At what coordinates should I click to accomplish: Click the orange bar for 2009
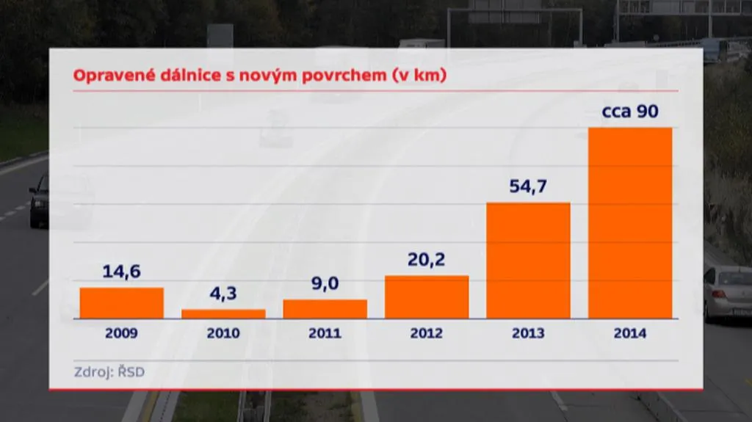(122, 302)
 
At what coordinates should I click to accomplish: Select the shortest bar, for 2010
(223, 313)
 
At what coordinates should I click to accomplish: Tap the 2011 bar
(325, 308)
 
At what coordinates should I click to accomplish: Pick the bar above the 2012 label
(427, 297)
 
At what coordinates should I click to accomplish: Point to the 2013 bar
(528, 260)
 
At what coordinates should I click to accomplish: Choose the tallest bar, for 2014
(630, 222)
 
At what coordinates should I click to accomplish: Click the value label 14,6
(121, 272)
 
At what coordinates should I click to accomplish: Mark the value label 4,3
(223, 294)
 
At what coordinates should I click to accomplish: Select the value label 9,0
(325, 283)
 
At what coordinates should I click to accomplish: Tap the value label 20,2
(427, 260)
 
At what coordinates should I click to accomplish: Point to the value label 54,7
(528, 186)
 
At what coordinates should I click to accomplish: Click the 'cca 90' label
(630, 112)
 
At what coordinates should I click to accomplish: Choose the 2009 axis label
(121, 333)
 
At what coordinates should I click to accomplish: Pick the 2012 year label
(427, 333)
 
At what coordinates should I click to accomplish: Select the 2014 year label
(630, 333)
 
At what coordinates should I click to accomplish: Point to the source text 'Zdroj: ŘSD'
(109, 371)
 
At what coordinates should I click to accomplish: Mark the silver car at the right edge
(728, 293)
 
